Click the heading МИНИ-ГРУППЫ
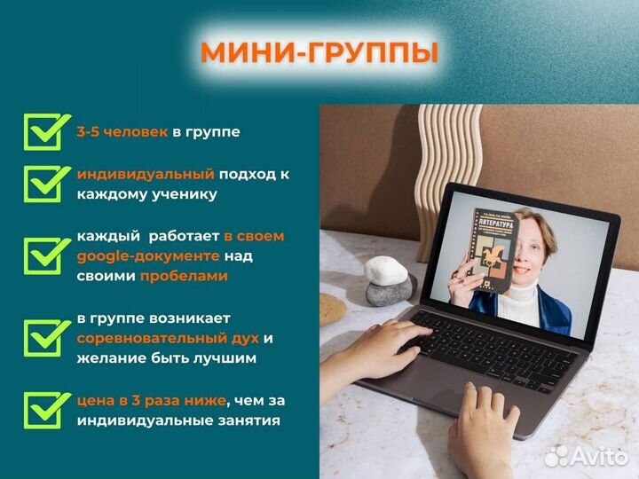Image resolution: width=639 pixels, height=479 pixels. point(319,51)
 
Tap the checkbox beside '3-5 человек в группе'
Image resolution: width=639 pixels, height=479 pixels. point(44,132)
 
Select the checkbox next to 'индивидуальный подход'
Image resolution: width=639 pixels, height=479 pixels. point(44,183)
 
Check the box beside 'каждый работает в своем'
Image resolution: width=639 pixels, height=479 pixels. point(44,255)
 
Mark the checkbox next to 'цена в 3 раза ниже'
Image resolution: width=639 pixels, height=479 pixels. point(44,409)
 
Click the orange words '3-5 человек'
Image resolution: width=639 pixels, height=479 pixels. point(122,131)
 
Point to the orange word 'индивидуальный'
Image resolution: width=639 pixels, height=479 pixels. point(146,174)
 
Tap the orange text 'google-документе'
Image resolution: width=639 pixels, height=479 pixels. point(147,255)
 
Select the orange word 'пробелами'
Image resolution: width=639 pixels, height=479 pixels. point(183,276)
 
